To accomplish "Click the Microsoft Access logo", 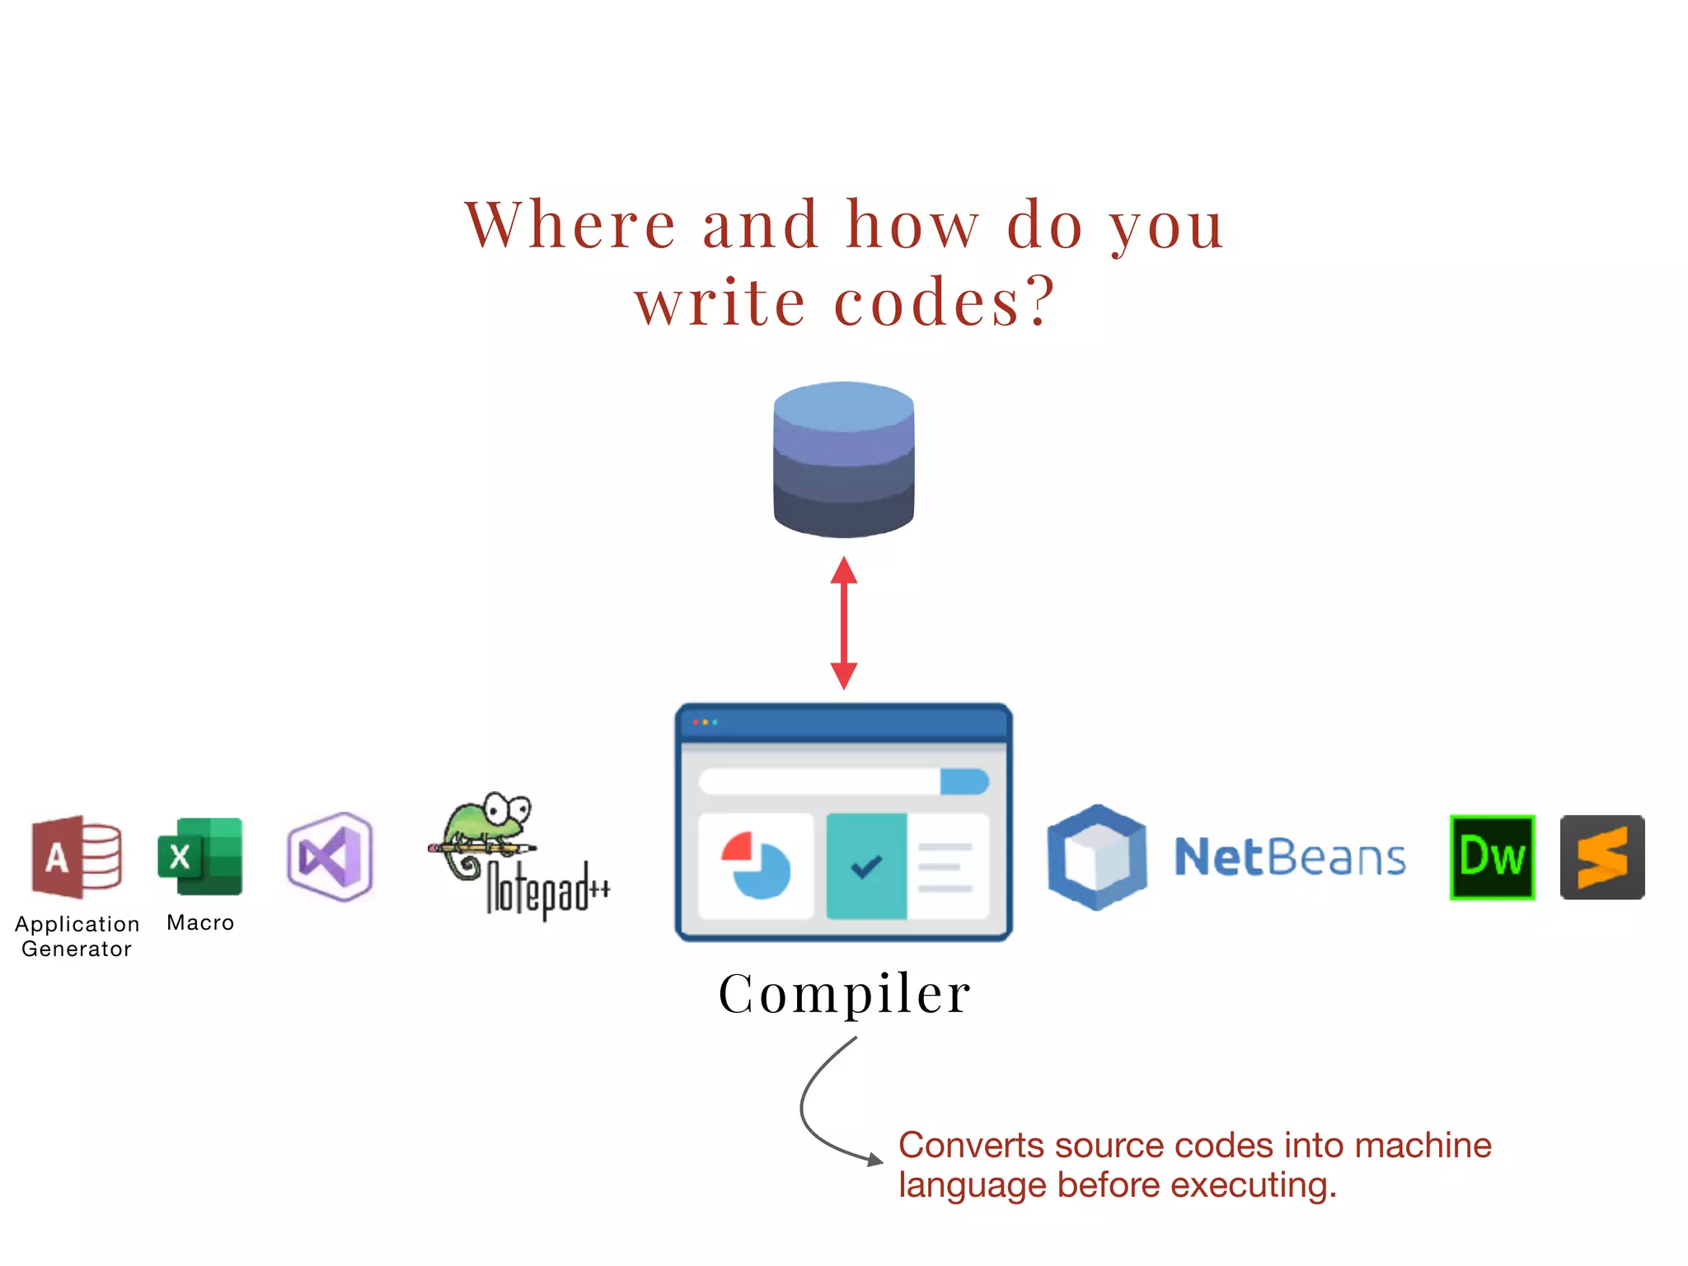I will click(x=77, y=857).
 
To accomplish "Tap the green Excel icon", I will click(x=200, y=857).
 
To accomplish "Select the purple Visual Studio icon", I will click(x=330, y=857).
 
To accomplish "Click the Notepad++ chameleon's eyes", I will click(x=506, y=809).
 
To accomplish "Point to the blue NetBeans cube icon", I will click(x=1096, y=857).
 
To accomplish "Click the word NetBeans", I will click(x=1290, y=857).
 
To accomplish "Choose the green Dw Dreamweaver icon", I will click(x=1492, y=857).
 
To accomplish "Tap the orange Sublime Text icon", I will click(x=1602, y=857).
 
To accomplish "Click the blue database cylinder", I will click(x=843, y=459).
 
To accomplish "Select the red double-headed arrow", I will click(x=843, y=623).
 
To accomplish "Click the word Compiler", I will click(x=845, y=993).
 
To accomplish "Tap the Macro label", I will click(x=200, y=923).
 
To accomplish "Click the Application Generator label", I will click(x=77, y=936).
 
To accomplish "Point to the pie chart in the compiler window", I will click(x=757, y=865).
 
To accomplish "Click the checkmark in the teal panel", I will click(x=866, y=866).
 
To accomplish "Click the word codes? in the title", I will click(x=945, y=302).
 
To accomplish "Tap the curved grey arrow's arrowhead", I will click(x=875, y=1160).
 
